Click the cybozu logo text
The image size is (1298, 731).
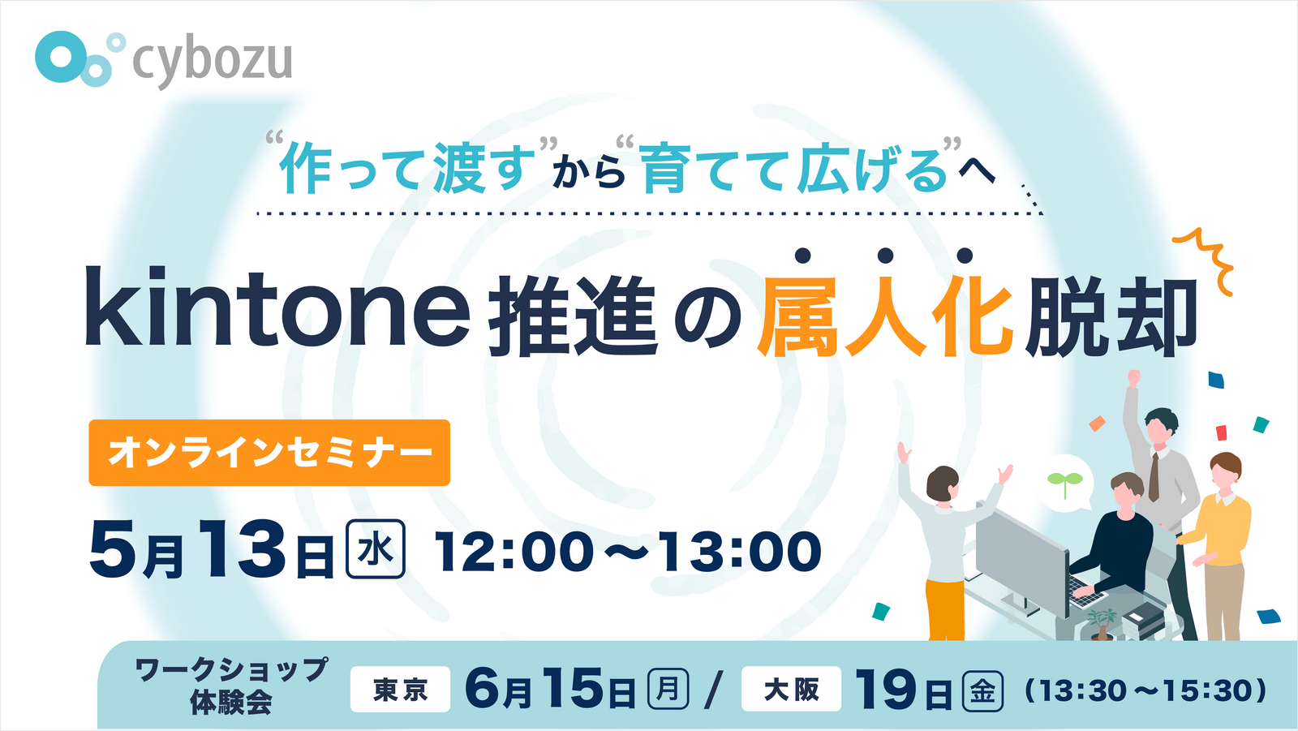click(x=212, y=62)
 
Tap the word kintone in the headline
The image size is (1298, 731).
click(x=277, y=307)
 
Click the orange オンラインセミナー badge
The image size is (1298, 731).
click(x=269, y=453)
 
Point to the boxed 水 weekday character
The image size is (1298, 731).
click(x=376, y=549)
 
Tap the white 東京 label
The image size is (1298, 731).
click(x=400, y=690)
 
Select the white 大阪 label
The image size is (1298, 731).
click(x=791, y=690)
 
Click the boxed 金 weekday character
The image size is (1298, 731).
click(x=982, y=690)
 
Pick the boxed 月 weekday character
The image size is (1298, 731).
click(x=668, y=689)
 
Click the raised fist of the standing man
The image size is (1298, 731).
click(x=1133, y=378)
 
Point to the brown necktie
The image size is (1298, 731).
click(x=1154, y=476)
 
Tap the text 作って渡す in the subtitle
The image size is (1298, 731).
click(x=407, y=168)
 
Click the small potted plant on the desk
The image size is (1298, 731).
click(x=1100, y=623)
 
